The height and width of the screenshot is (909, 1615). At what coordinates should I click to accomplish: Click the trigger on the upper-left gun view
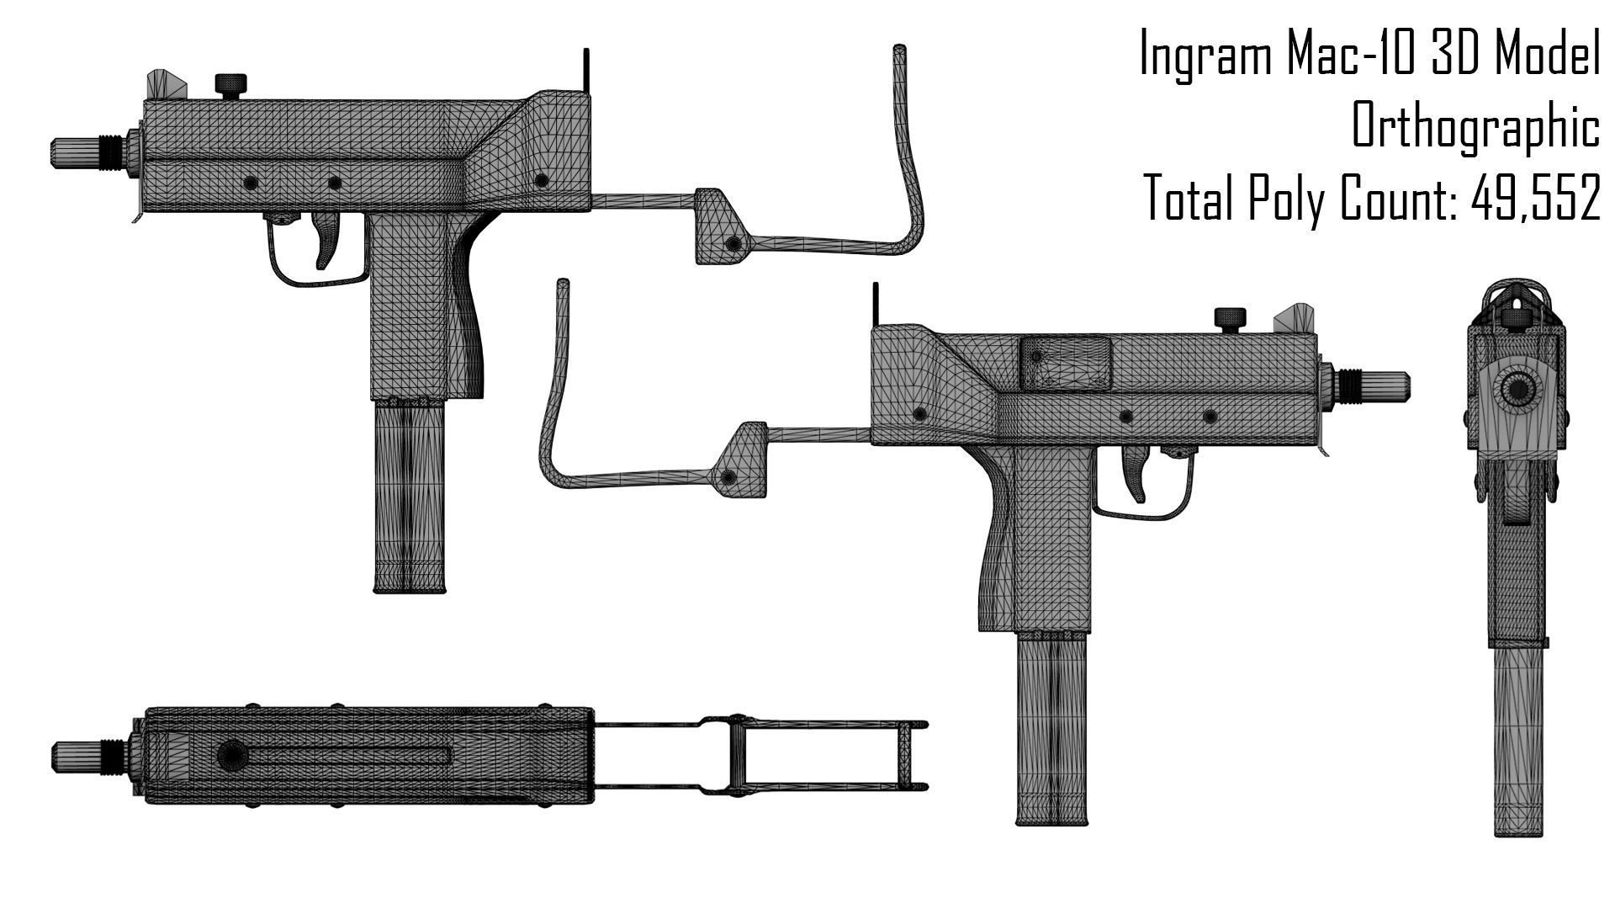coord(327,239)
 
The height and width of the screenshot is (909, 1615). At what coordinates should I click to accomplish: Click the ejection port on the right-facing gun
coord(1065,363)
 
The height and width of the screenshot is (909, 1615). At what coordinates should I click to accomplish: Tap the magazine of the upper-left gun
coord(409,497)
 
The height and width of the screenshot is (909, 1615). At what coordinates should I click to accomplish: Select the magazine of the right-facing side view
coord(1051,728)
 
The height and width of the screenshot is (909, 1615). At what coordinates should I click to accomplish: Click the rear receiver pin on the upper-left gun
coord(541,180)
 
